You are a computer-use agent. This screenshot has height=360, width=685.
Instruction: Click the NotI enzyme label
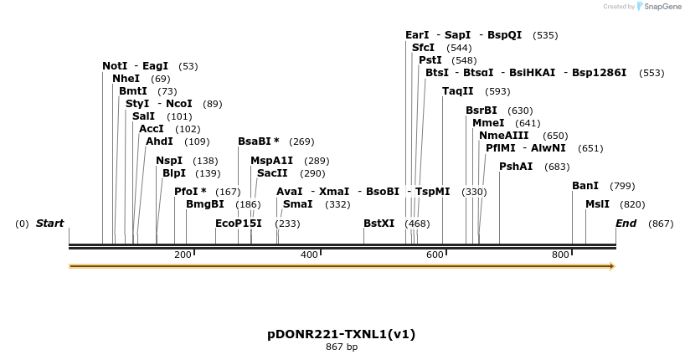(115, 65)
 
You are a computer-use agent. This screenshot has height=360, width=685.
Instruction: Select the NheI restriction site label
(126, 78)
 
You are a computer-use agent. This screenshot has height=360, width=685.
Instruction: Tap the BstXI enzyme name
(379, 224)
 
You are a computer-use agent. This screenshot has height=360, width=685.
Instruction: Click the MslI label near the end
(597, 204)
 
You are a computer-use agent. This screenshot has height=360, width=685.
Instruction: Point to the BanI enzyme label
(585, 185)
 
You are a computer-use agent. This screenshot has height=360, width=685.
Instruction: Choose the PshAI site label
(516, 166)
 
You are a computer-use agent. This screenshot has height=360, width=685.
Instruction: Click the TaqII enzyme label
(458, 90)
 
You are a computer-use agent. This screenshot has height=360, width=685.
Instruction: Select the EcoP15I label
(239, 224)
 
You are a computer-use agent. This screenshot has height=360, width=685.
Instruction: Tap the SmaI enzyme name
(297, 204)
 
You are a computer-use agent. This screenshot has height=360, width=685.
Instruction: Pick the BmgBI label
(205, 204)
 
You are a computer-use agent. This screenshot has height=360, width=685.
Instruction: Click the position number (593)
(497, 91)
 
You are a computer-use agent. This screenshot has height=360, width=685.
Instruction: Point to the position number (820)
(632, 205)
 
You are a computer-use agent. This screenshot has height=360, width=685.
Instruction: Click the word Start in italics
(50, 224)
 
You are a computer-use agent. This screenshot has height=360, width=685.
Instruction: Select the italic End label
(626, 224)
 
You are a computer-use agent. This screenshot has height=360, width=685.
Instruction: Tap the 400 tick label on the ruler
(309, 255)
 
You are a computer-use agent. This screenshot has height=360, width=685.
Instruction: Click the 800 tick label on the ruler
(560, 255)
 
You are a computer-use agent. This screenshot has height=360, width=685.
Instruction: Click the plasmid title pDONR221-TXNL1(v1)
(342, 334)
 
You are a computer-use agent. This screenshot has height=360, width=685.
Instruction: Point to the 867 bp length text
(342, 347)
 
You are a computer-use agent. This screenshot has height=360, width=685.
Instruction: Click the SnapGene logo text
(662, 7)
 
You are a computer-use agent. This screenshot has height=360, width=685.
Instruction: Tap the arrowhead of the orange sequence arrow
(612, 266)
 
